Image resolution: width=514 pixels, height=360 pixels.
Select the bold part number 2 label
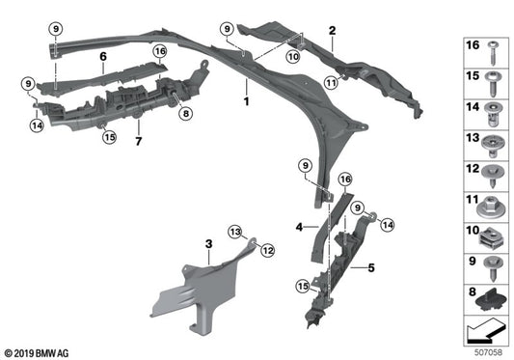(x=331, y=32)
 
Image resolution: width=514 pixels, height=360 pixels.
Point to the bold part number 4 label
(x=299, y=228)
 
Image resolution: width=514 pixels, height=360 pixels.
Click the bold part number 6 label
(x=101, y=57)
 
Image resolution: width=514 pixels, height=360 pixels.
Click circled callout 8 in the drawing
(x=185, y=114)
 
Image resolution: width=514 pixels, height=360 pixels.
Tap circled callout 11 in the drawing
(x=332, y=84)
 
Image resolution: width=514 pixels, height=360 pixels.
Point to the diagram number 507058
(x=488, y=352)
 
